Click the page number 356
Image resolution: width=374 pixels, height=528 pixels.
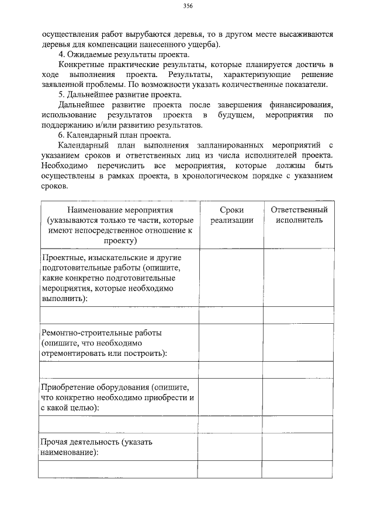[x=188, y=6]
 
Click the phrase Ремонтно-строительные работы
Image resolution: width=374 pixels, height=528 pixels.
[x=102, y=333]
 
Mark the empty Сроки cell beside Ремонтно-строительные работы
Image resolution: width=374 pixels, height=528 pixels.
[x=231, y=342]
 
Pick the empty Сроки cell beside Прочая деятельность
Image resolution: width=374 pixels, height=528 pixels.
[x=231, y=446]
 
